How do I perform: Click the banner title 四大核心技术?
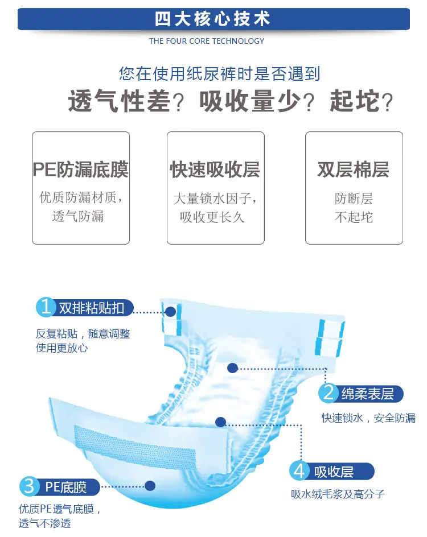point(212,19)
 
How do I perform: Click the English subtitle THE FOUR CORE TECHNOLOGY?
point(207,41)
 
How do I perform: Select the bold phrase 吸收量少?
point(250,101)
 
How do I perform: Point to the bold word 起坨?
point(355,101)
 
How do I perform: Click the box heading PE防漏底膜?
point(80,169)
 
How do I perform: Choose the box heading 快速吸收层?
point(215,169)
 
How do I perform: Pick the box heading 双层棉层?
point(354,169)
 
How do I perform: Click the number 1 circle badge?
point(46,307)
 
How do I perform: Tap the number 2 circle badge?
point(328,393)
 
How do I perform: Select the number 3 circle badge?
point(29,486)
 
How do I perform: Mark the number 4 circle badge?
point(299,471)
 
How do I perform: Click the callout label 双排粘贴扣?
point(92,308)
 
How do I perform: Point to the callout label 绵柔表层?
point(368,394)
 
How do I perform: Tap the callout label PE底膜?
point(66,487)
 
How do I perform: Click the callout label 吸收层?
point(334,472)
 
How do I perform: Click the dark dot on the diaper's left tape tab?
point(171,312)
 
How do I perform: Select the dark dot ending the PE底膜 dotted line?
point(150,486)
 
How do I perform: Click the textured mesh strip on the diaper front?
point(135,447)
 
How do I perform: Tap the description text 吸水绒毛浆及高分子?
point(338,494)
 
